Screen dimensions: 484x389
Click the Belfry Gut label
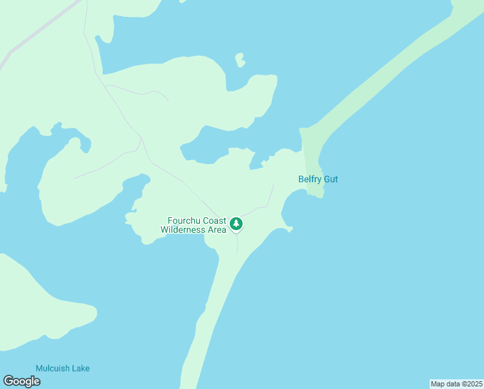[318, 179]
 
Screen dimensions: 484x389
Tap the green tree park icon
[236, 224]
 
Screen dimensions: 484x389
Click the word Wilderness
[184, 230]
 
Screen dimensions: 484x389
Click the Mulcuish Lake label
[63, 368]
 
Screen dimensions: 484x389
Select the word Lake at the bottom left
[81, 368]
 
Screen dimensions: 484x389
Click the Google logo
[21, 381]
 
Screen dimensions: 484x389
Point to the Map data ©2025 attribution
[456, 384]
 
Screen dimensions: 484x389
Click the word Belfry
[310, 179]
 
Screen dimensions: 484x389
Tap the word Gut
[331, 179]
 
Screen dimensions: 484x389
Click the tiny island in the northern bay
[240, 60]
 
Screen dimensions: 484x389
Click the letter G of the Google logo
[9, 381]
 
